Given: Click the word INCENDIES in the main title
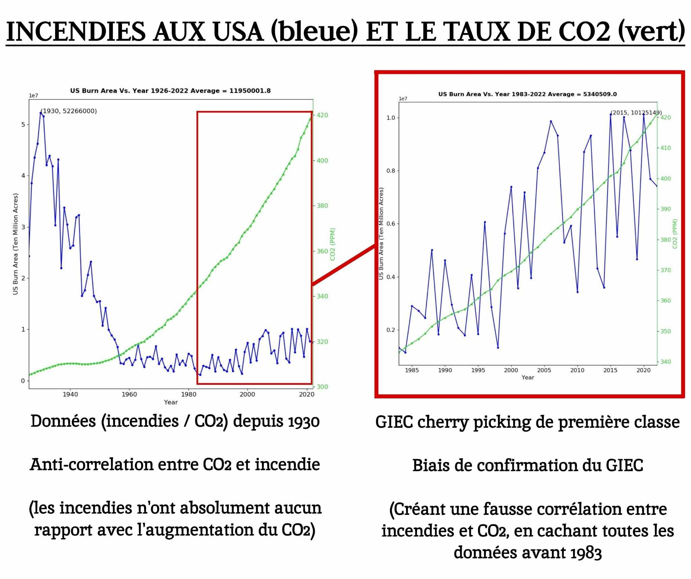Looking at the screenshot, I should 76,32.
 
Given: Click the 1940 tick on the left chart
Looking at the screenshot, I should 70,394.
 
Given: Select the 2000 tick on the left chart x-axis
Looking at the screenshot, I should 247,394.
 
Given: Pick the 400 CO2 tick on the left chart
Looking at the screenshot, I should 322,161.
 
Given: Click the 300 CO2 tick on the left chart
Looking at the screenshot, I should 322,387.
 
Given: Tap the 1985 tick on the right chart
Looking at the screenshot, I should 412,370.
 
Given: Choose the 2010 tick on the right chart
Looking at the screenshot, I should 577,370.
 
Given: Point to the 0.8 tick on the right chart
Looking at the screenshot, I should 391,171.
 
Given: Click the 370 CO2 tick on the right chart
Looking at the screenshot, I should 665,270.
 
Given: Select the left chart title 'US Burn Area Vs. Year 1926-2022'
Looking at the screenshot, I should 170,91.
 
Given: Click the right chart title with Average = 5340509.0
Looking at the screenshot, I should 527,94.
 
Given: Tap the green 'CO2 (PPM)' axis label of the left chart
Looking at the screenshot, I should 333,244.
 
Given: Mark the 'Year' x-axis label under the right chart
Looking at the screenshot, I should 528,377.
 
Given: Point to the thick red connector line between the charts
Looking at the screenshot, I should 343,265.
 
